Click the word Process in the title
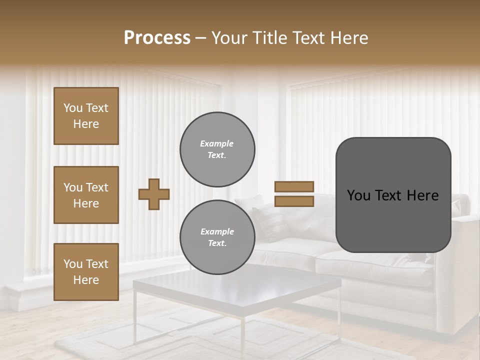157,38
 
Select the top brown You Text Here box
86,116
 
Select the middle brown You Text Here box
86,195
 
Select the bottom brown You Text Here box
86,272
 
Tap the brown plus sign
154,194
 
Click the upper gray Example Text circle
217,149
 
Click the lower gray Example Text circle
217,237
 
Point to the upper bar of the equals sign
294,186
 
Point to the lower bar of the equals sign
294,201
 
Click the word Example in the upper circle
217,143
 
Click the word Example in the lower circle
217,231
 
